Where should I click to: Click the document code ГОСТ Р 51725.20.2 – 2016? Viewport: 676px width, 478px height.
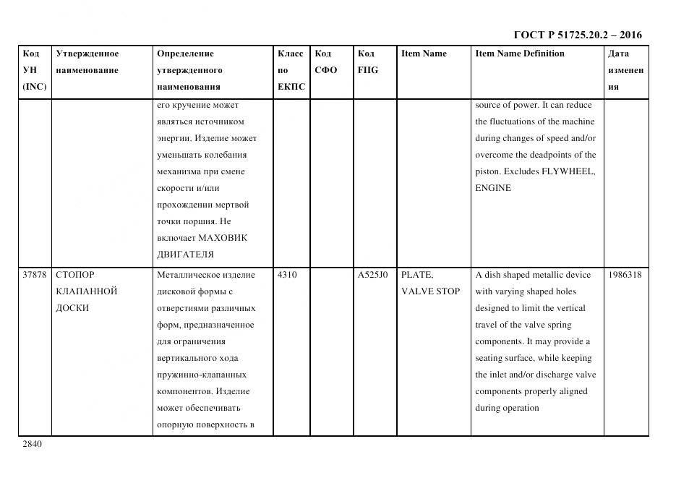(x=577, y=35)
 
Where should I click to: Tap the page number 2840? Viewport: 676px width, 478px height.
(x=33, y=444)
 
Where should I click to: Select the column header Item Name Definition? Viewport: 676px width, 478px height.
(x=519, y=54)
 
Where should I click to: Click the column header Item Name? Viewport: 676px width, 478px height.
(x=424, y=54)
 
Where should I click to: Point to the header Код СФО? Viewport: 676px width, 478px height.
(x=325, y=62)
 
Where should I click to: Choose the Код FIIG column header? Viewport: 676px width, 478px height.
(x=367, y=62)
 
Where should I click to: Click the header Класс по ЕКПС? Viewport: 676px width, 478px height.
(x=291, y=70)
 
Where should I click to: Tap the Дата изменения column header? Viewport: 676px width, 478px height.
(x=625, y=70)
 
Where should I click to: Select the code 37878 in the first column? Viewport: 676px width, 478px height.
(x=35, y=275)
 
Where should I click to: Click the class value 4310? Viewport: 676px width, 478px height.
(x=287, y=275)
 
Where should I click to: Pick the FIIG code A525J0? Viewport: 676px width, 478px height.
(x=372, y=275)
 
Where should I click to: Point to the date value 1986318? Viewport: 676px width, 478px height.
(x=625, y=275)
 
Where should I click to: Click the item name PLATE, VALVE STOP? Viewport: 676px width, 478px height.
(x=429, y=283)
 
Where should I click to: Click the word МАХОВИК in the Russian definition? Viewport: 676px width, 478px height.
(x=223, y=238)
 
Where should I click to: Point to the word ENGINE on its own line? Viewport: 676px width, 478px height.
(x=493, y=188)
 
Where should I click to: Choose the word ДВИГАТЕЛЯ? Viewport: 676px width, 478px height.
(x=185, y=255)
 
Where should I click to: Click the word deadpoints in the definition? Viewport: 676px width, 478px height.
(x=555, y=155)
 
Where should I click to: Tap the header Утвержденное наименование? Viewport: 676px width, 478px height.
(x=87, y=62)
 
